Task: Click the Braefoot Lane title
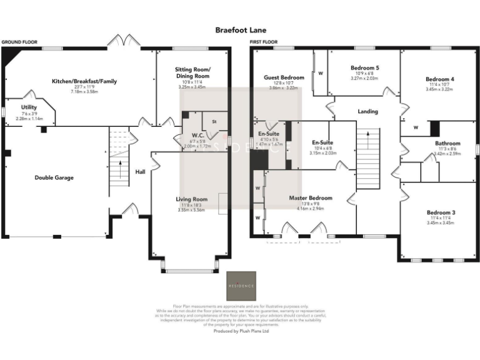(x=240, y=29)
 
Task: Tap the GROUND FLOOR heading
(x=19, y=42)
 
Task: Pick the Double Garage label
(x=54, y=177)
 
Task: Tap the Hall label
(x=140, y=171)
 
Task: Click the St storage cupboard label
(x=214, y=121)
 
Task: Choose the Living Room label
(x=191, y=199)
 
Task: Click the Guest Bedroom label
(x=284, y=77)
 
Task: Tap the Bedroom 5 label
(x=364, y=67)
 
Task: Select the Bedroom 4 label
(x=439, y=79)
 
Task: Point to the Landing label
(x=367, y=112)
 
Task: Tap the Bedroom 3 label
(x=440, y=212)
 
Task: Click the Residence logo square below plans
(x=241, y=286)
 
